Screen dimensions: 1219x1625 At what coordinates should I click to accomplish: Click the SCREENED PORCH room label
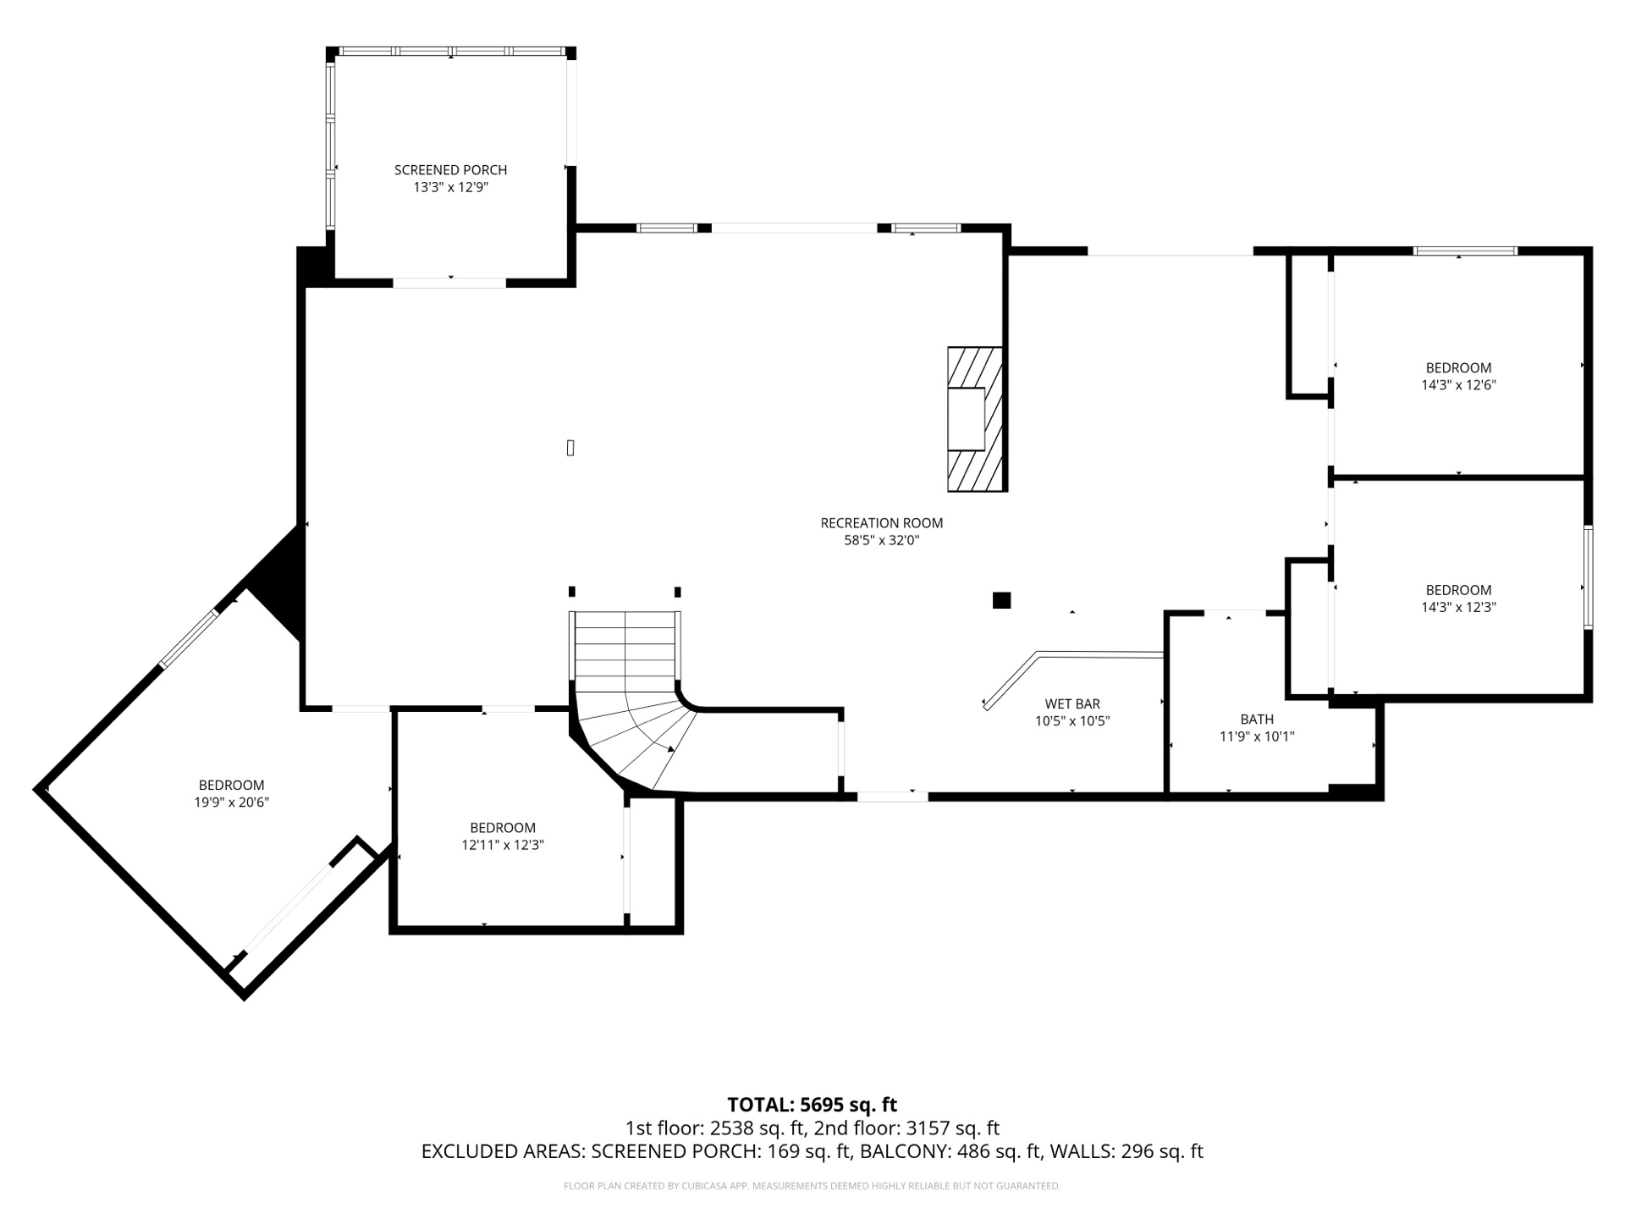coord(450,170)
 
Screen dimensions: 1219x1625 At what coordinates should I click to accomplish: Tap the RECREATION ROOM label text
coord(881,523)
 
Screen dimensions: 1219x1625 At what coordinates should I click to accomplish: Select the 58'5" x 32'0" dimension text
coord(881,541)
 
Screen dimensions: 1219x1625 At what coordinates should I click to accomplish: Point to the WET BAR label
coord(1071,704)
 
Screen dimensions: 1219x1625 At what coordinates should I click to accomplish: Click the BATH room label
coord(1257,720)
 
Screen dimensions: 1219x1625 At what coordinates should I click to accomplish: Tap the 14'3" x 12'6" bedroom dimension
coord(1458,385)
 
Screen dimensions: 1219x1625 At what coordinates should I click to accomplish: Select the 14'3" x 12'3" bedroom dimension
coord(1458,608)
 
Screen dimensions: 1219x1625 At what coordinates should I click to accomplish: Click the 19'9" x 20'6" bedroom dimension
coord(231,803)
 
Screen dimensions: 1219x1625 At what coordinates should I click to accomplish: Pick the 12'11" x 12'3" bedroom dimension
coord(502,846)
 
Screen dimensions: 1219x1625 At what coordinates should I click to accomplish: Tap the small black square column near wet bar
coord(1001,600)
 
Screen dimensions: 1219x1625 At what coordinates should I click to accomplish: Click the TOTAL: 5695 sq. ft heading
coord(812,1105)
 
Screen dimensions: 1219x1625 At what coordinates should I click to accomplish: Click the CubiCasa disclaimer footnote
coord(812,1186)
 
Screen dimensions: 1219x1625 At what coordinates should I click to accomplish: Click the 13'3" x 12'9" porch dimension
coord(450,188)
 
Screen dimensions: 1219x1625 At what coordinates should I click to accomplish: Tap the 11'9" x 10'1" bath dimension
coord(1257,737)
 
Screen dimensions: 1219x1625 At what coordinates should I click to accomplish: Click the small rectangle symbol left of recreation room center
coord(570,448)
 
